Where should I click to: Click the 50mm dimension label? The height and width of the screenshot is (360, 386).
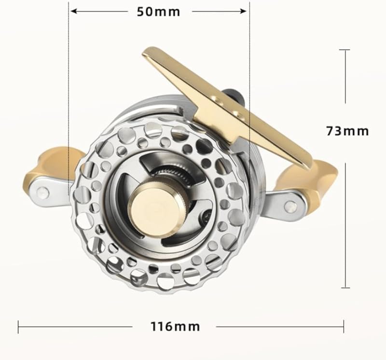tap(158, 12)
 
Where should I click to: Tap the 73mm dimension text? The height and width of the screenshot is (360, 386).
tap(347, 131)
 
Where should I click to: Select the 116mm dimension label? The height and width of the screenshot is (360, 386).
tap(175, 327)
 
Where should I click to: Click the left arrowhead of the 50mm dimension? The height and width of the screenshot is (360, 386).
tap(73, 11)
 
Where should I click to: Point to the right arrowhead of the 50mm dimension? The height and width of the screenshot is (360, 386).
tap(244, 11)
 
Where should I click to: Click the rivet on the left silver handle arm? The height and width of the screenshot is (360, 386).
tap(43, 192)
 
